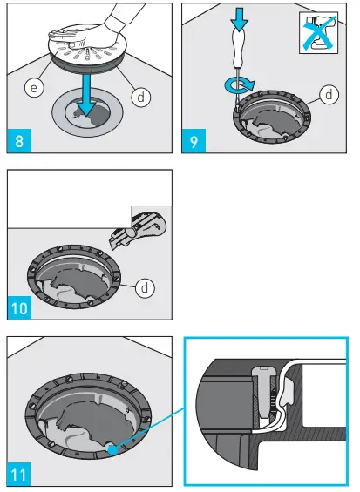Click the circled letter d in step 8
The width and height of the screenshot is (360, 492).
pyautogui.click(x=139, y=97)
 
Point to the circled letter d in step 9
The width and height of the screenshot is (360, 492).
pyautogui.click(x=328, y=93)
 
